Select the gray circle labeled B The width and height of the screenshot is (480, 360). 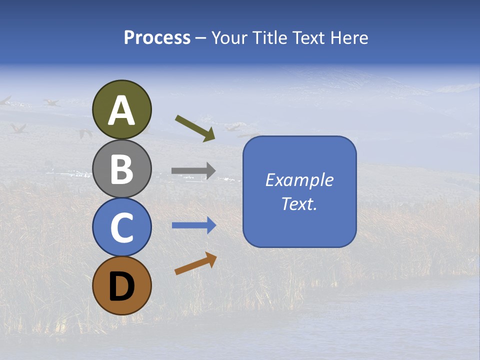coord(122,168)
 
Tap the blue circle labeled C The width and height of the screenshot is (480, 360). coord(122,227)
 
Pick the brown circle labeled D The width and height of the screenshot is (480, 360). coord(122,285)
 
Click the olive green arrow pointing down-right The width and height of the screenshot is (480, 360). coord(195,128)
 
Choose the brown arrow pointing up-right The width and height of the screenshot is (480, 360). coord(195,263)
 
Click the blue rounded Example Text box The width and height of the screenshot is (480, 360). coord(299,191)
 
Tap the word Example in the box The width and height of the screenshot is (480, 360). coord(299,180)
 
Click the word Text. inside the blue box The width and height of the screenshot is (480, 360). coord(299,203)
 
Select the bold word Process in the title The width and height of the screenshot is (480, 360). coord(157,37)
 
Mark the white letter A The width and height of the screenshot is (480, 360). coord(122,110)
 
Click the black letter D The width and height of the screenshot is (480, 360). coord(122,287)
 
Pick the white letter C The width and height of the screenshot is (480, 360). coord(122,227)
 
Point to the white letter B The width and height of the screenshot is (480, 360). coord(122,169)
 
